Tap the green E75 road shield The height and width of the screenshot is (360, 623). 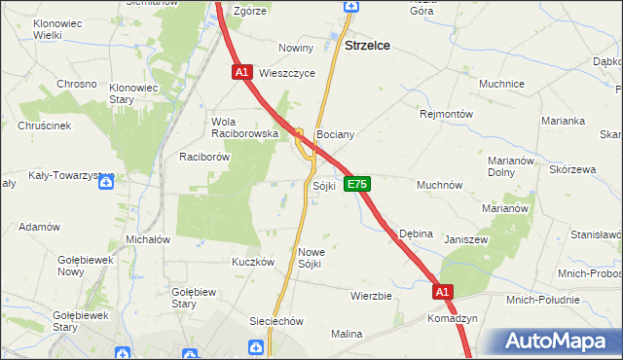pos(356,184)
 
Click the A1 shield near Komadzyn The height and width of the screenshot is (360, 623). pos(443,291)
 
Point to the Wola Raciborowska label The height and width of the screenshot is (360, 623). pos(245,127)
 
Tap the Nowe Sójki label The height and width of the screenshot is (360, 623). pos(310,258)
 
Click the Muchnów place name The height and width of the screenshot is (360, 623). pos(439,185)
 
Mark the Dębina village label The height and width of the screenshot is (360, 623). pos(417,234)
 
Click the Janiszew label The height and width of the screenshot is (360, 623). pos(465,239)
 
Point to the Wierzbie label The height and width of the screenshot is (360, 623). pos(371,296)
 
